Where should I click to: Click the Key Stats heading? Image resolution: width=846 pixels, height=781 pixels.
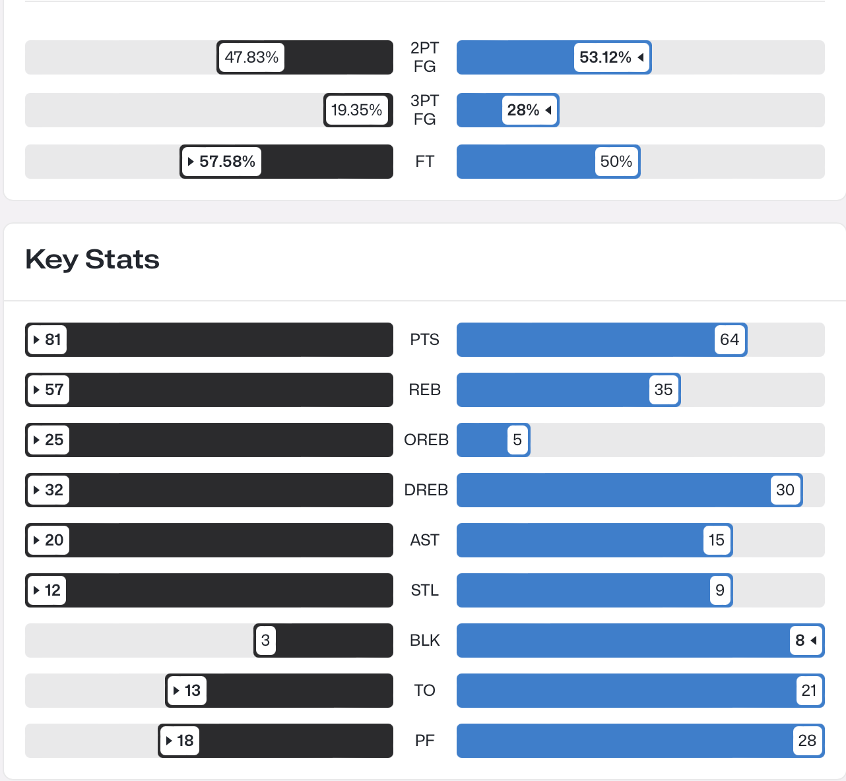(92, 259)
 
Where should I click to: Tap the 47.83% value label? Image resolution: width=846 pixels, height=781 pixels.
(251, 57)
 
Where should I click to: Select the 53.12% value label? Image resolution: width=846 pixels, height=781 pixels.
(611, 57)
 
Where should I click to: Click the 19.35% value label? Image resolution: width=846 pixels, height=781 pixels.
(357, 110)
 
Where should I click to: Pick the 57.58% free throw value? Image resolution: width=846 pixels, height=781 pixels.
(222, 162)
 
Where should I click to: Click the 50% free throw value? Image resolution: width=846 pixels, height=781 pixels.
(616, 162)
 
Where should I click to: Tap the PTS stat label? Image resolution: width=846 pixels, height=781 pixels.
(424, 340)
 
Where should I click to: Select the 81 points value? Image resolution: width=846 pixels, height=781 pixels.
(47, 340)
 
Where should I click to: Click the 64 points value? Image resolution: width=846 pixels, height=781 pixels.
(729, 340)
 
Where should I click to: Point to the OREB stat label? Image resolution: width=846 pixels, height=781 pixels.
(426, 440)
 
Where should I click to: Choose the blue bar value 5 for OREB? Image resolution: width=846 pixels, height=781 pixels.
(517, 440)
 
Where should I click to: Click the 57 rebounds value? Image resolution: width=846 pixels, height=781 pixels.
(48, 390)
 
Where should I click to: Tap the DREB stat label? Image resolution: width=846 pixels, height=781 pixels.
(426, 490)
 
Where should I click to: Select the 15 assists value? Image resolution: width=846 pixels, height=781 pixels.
(717, 540)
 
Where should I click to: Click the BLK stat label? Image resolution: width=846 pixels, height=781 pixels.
(424, 640)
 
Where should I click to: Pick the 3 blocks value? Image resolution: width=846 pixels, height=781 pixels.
(265, 640)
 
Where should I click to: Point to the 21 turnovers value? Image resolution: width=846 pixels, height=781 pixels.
(809, 691)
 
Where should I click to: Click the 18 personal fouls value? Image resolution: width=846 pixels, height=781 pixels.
(180, 741)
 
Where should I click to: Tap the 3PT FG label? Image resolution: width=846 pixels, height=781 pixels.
(424, 110)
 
